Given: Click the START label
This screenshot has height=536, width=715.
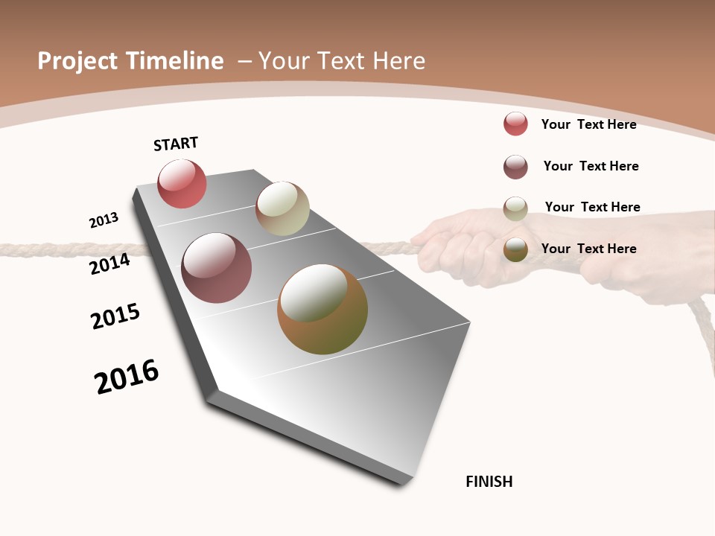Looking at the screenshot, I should tap(176, 144).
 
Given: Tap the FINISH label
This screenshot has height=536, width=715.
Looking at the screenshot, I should tap(489, 482).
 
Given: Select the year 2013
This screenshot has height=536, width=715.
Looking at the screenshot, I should tap(104, 220).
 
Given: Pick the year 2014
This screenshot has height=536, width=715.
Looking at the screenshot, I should tap(109, 264).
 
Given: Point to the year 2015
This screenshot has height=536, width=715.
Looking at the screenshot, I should tap(115, 316).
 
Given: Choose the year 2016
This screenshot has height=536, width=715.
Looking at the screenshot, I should tap(127, 377).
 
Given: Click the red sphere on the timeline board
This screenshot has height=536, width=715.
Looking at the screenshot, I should tap(182, 183).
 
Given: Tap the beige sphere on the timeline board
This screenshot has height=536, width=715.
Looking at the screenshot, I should tap(282, 208).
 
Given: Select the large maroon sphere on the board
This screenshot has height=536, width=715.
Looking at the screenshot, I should tap(216, 268).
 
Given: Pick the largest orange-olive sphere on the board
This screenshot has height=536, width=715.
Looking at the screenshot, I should tap(322, 309).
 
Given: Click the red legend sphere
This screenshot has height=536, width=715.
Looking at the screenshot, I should tap(515, 124).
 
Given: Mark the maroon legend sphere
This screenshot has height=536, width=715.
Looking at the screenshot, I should tap(515, 167).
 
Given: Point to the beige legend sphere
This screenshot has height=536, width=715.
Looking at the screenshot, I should tap(515, 208).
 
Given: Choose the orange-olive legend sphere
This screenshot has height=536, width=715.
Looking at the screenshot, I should tap(515, 250).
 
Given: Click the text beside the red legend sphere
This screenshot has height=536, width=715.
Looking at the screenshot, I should tap(588, 124).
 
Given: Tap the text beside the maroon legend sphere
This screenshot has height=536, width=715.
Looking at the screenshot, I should tap(591, 166).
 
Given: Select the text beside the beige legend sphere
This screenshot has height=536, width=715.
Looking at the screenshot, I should tap(592, 207).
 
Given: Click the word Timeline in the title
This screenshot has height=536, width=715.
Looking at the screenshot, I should tap(174, 61).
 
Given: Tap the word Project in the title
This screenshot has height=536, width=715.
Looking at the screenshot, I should tap(77, 61).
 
